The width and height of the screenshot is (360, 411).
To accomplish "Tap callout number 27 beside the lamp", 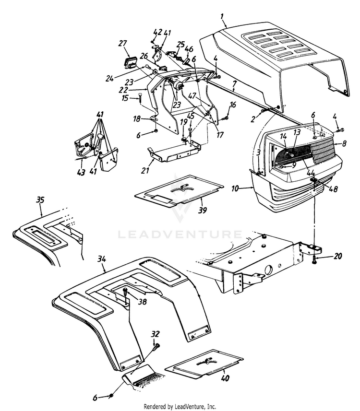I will tap(122, 44).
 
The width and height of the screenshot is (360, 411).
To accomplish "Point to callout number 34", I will tap(101, 259).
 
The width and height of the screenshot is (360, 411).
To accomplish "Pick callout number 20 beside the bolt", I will tap(338, 257).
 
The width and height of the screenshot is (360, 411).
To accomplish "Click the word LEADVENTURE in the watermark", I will tap(180, 235).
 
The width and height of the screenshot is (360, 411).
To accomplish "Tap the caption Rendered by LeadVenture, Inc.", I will tap(180, 406).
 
